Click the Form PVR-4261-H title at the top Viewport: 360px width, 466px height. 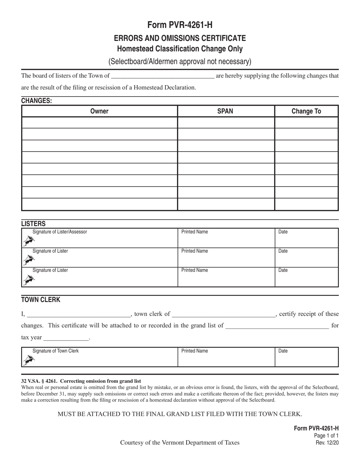click(x=180, y=25)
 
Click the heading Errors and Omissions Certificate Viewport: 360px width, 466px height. click(x=180, y=38)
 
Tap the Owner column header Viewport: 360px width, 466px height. click(x=99, y=111)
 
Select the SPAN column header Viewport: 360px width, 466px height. click(x=225, y=111)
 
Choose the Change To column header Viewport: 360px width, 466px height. click(x=306, y=111)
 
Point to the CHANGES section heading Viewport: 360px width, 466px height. click(x=36, y=101)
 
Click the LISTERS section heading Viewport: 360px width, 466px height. click(x=33, y=224)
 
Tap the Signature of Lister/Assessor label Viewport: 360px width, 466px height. click(x=59, y=232)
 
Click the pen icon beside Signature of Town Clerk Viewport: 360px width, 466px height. click(x=28, y=360)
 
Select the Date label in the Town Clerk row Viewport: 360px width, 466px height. click(x=283, y=351)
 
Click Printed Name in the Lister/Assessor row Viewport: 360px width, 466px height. click(x=194, y=232)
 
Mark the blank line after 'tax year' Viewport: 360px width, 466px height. click(x=66, y=338)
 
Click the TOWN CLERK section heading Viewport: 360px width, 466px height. click(x=41, y=300)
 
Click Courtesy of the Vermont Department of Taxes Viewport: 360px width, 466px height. click(x=180, y=443)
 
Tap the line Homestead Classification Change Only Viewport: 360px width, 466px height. click(x=180, y=49)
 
